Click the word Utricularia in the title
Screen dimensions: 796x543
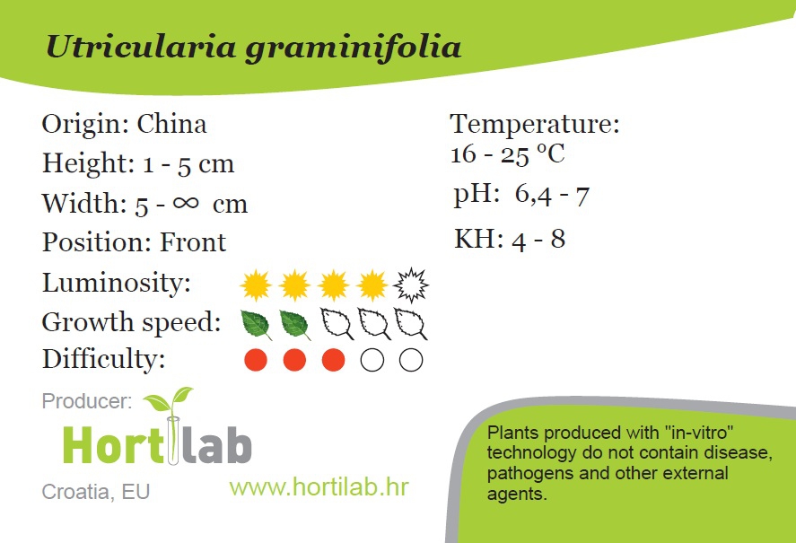[x=141, y=47]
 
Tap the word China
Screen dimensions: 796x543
[x=171, y=124]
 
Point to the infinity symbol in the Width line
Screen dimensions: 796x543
[x=185, y=203]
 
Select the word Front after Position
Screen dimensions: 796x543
[x=193, y=241]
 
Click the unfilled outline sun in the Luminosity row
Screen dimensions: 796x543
[x=411, y=285]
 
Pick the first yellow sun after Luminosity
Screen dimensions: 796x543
[x=256, y=285]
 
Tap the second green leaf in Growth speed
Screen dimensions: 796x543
[x=295, y=325]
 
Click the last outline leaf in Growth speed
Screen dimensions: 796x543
[x=411, y=324]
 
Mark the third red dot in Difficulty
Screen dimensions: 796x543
[x=334, y=360]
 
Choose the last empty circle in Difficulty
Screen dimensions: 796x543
[x=411, y=360]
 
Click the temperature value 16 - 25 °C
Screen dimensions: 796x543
[x=508, y=153]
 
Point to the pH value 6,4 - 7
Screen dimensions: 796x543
[x=552, y=195]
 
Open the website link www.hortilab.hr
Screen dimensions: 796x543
[x=319, y=487]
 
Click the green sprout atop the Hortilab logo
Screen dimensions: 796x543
[x=169, y=399]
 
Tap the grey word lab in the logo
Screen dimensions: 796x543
[x=216, y=445]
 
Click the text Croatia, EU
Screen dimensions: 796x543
[x=96, y=492]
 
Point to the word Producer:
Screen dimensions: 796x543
[x=87, y=401]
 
